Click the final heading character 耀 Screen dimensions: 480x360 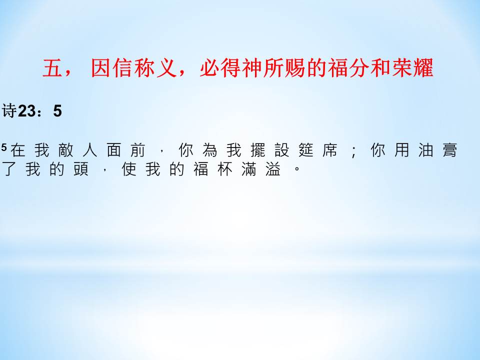423,67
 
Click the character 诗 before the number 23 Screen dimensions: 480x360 9,110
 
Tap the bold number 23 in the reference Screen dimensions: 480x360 26,111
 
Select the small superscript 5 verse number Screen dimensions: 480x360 4,147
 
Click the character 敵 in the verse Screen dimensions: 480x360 66,150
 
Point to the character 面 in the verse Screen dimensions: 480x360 114,150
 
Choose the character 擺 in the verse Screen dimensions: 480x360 258,150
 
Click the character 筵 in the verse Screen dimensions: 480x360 306,150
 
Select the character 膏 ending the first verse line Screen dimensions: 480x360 449,150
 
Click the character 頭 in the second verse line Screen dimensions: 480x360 81,169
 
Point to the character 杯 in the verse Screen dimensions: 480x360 224,169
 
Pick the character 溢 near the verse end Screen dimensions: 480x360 273,169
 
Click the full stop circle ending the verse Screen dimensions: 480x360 296,168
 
